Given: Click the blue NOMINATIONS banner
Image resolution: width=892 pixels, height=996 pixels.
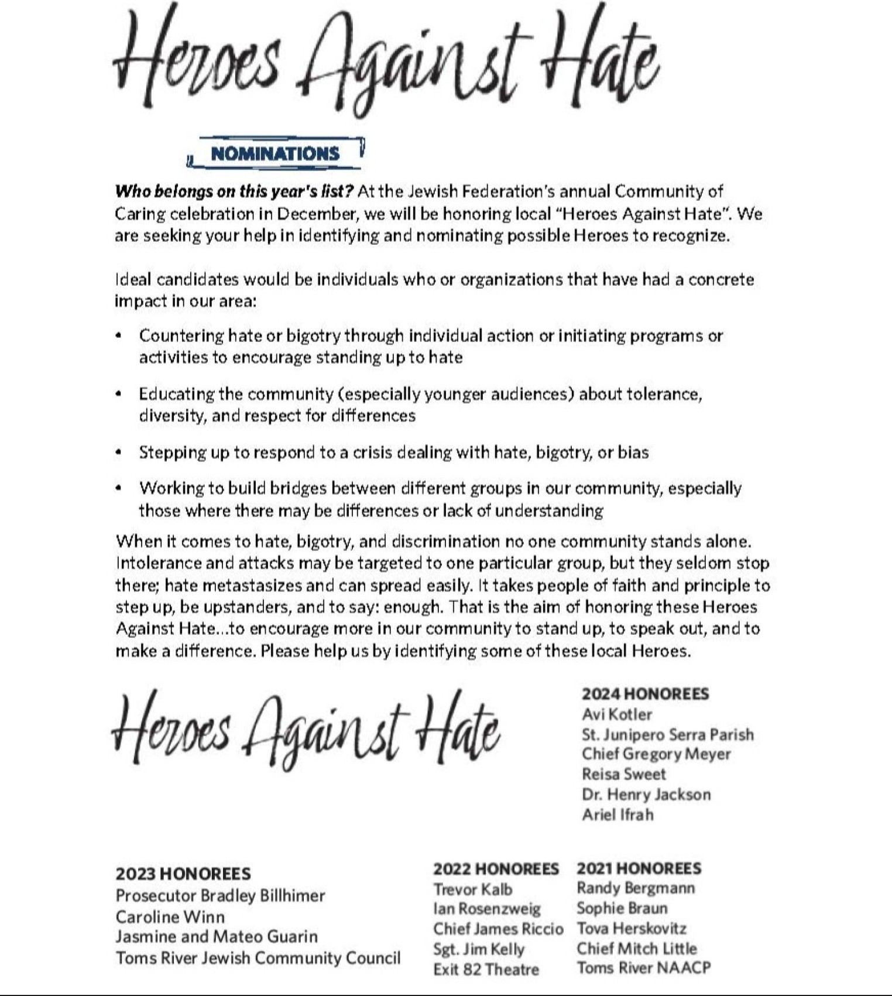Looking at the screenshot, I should [x=275, y=153].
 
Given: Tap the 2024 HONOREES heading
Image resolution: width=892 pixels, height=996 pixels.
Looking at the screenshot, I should [x=645, y=694].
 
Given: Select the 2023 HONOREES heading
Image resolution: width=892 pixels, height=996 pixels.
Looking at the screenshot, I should [x=183, y=874].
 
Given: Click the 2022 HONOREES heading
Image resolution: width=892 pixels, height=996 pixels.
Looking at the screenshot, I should [x=496, y=868].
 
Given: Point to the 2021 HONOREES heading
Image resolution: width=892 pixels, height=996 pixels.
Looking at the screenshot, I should [x=639, y=868].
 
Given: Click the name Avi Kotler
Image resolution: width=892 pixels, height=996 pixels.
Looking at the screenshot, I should [x=616, y=714].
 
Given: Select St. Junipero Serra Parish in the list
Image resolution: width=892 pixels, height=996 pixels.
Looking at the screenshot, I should [x=667, y=734].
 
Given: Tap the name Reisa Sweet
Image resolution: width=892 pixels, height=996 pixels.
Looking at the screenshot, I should [x=623, y=774].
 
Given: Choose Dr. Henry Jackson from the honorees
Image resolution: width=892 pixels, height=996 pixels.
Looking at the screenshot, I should [x=646, y=795].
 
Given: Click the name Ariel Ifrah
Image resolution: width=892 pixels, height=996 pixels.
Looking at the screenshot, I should [x=617, y=814].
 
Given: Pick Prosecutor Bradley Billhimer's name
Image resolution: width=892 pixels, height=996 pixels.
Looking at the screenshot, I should [x=220, y=896].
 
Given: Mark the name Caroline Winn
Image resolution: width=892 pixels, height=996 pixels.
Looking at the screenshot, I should [x=170, y=916].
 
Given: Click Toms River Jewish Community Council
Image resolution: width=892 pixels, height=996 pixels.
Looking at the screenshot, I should [x=258, y=958].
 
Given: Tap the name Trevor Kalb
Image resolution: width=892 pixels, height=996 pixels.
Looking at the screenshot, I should [x=472, y=889].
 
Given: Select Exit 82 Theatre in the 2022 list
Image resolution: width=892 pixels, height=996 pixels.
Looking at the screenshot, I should [x=486, y=969].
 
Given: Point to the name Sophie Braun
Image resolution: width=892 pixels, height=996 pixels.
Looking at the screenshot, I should [x=622, y=908].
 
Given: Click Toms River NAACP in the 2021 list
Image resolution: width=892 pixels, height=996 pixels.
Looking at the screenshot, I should [x=644, y=968].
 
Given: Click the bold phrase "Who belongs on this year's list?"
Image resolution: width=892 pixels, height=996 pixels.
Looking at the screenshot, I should [x=234, y=191].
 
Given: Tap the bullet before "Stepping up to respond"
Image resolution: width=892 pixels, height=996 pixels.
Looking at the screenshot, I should [x=119, y=452].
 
